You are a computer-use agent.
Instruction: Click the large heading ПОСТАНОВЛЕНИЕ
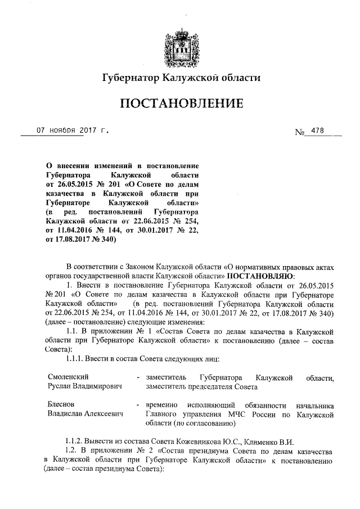click(x=180, y=103)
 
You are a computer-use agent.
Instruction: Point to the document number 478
click(x=317, y=131)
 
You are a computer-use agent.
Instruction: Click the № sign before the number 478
click(x=299, y=132)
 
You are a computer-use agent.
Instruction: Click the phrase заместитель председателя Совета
click(x=194, y=386)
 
